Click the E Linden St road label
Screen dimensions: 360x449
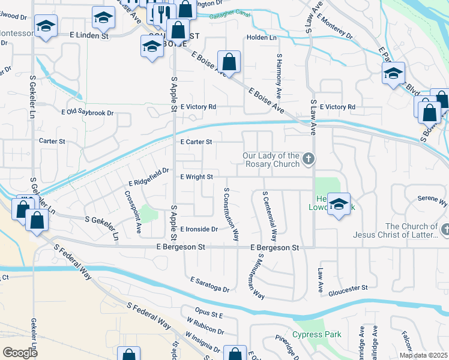(x=89, y=36)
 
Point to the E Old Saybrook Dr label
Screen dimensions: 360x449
(x=88, y=112)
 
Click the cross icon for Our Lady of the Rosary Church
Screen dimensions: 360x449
(x=309, y=159)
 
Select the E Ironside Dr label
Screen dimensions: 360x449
(x=199, y=229)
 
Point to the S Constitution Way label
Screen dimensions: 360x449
(x=232, y=215)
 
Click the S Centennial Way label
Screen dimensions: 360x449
(x=270, y=212)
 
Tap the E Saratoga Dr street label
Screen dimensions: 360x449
(x=210, y=284)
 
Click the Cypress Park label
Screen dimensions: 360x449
(x=317, y=334)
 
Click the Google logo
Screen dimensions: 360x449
(x=20, y=353)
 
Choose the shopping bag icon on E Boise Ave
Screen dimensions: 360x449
(x=229, y=62)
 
